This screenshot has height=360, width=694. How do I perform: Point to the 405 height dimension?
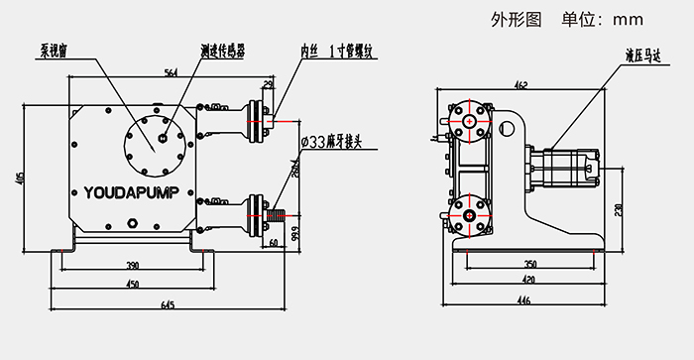[x=21, y=179]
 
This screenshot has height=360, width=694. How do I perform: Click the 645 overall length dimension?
[x=167, y=304]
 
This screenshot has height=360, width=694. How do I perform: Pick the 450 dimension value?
[x=132, y=285]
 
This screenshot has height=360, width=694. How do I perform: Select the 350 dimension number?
[x=529, y=265]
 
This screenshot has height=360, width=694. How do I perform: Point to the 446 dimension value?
[x=522, y=300]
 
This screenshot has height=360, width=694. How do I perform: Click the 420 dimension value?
[x=529, y=281]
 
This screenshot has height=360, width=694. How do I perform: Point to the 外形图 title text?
[x=519, y=18]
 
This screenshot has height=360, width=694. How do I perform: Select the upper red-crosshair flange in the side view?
[x=468, y=121]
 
